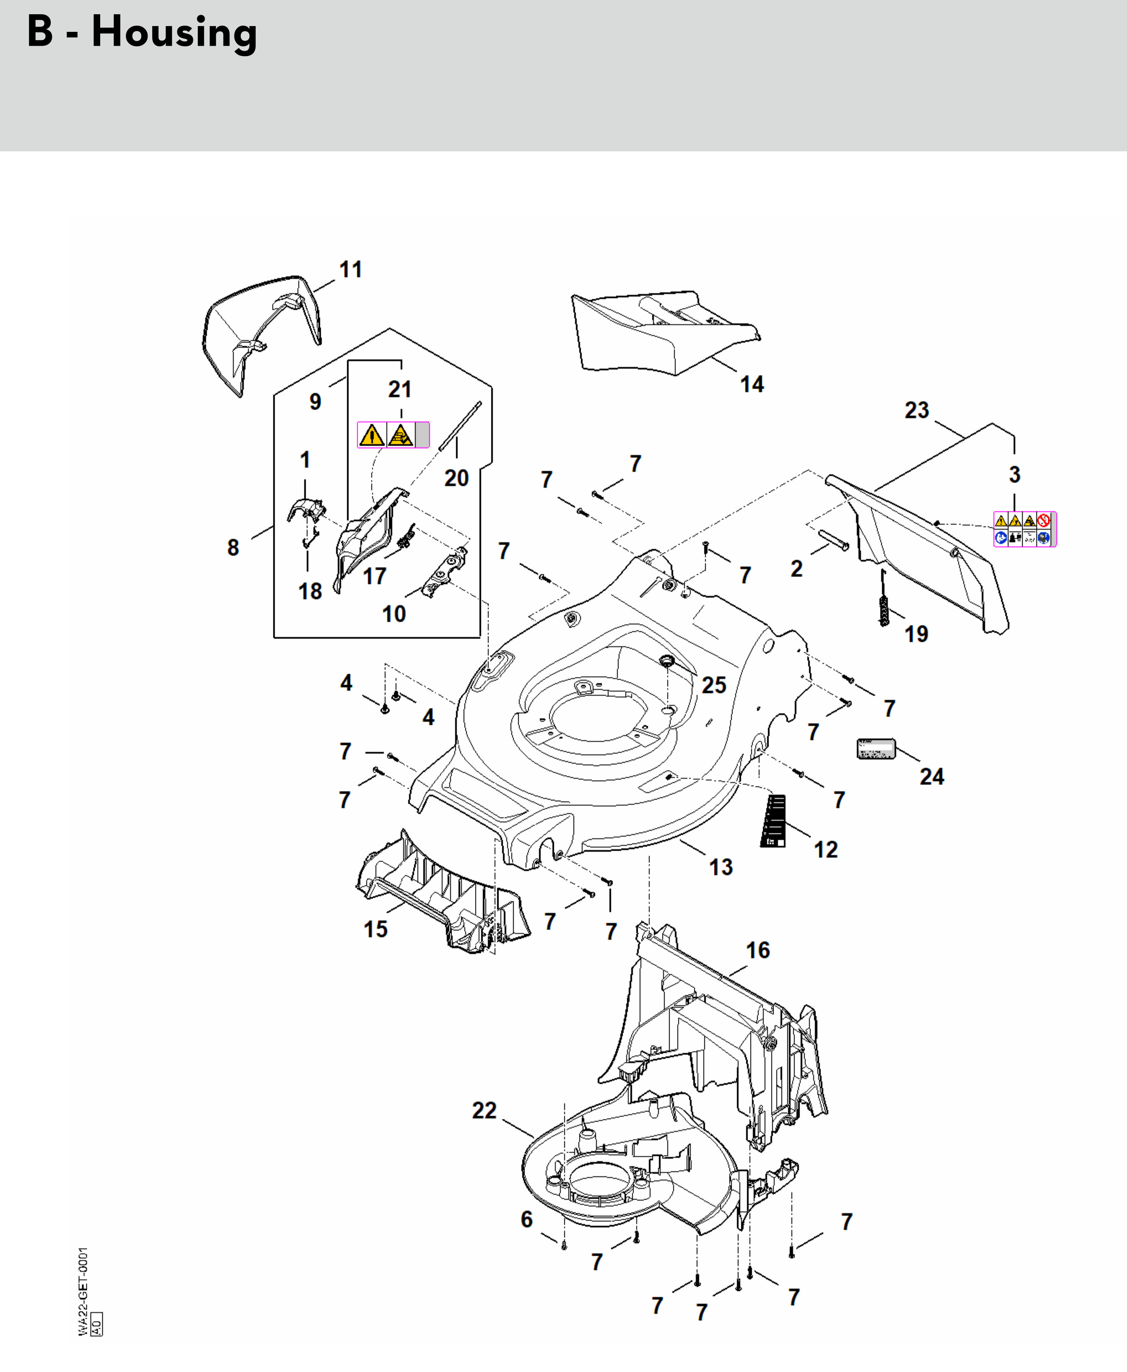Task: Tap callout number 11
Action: (x=351, y=270)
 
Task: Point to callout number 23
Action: (x=917, y=411)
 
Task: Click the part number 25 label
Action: (x=714, y=685)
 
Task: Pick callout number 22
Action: (x=484, y=1110)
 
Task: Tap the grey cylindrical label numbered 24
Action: (x=876, y=748)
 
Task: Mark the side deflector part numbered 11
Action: (x=260, y=331)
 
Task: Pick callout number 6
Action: (x=527, y=1219)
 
